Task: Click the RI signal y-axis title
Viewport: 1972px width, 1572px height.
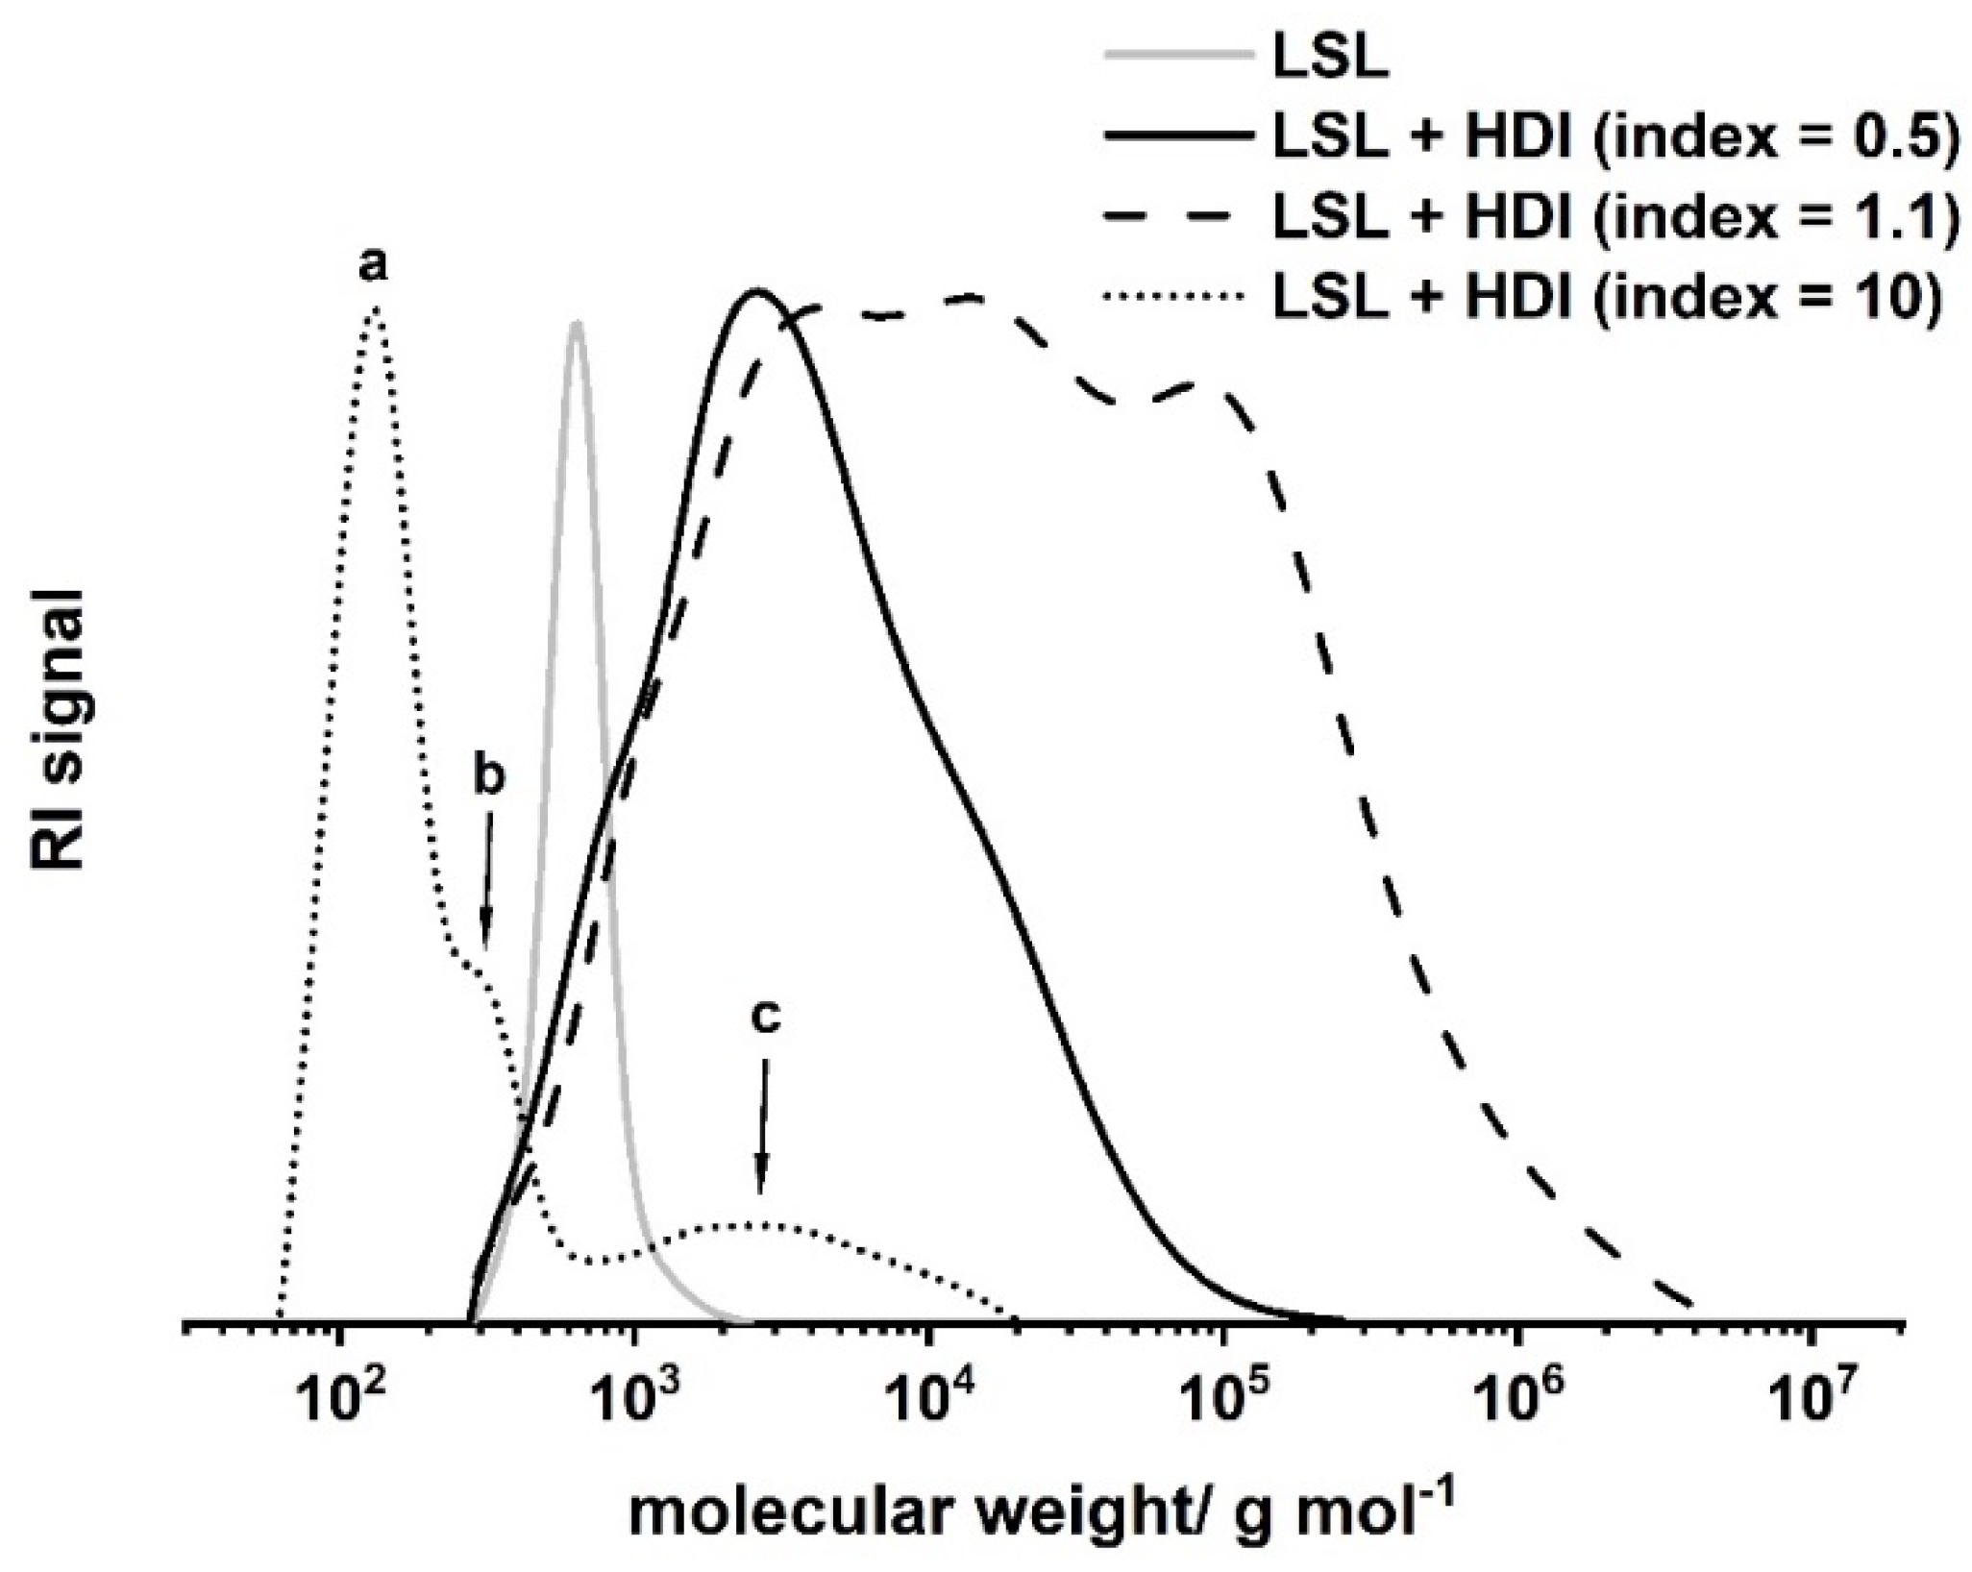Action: click(60, 730)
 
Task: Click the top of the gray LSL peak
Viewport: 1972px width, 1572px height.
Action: click(576, 324)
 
